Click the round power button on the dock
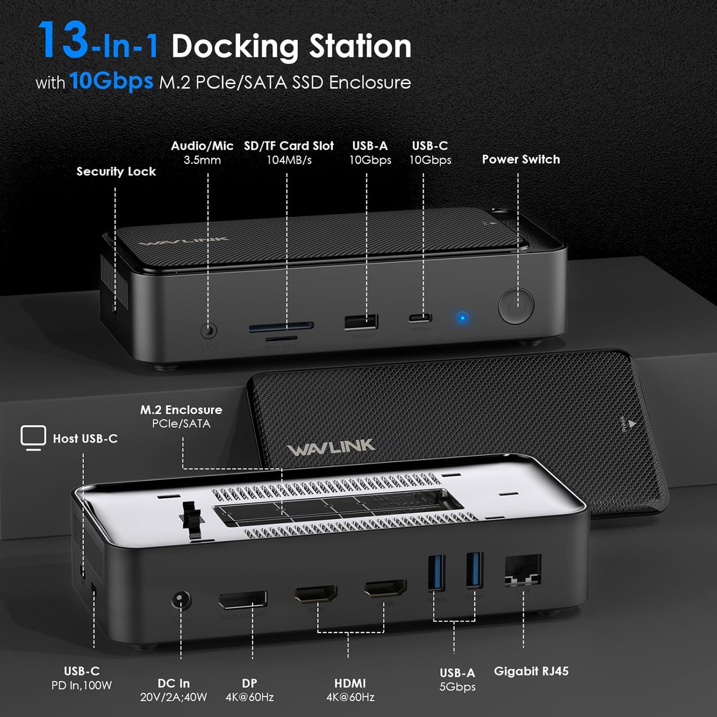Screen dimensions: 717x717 pyautogui.click(x=516, y=305)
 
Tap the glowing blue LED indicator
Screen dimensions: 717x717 pyautogui.click(x=462, y=317)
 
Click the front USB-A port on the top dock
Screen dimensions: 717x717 pyautogui.click(x=361, y=322)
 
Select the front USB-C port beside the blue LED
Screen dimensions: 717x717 pyautogui.click(x=420, y=317)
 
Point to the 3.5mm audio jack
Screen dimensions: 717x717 pyautogui.click(x=208, y=330)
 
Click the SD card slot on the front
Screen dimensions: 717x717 pyautogui.click(x=281, y=327)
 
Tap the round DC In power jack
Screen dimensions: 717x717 pyautogui.click(x=181, y=600)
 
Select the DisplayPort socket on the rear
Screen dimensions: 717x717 pyautogui.click(x=243, y=600)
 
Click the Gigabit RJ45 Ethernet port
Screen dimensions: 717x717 pyautogui.click(x=523, y=570)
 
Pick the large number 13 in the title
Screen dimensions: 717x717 pyautogui.click(x=63, y=40)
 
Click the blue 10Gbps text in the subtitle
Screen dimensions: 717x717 pyautogui.click(x=111, y=80)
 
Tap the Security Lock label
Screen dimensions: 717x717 pyautogui.click(x=116, y=171)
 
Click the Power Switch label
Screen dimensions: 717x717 pyautogui.click(x=521, y=159)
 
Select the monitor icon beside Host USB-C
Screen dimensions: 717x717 pyautogui.click(x=33, y=437)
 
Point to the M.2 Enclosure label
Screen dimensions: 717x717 pyautogui.click(x=181, y=410)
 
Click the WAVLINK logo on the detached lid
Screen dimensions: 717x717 pyautogui.click(x=331, y=448)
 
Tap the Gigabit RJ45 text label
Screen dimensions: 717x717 pyautogui.click(x=531, y=671)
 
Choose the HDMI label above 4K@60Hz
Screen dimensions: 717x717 pyautogui.click(x=350, y=683)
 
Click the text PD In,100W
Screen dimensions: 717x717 pyautogui.click(x=82, y=685)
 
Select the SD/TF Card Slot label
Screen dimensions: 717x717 pyautogui.click(x=289, y=146)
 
